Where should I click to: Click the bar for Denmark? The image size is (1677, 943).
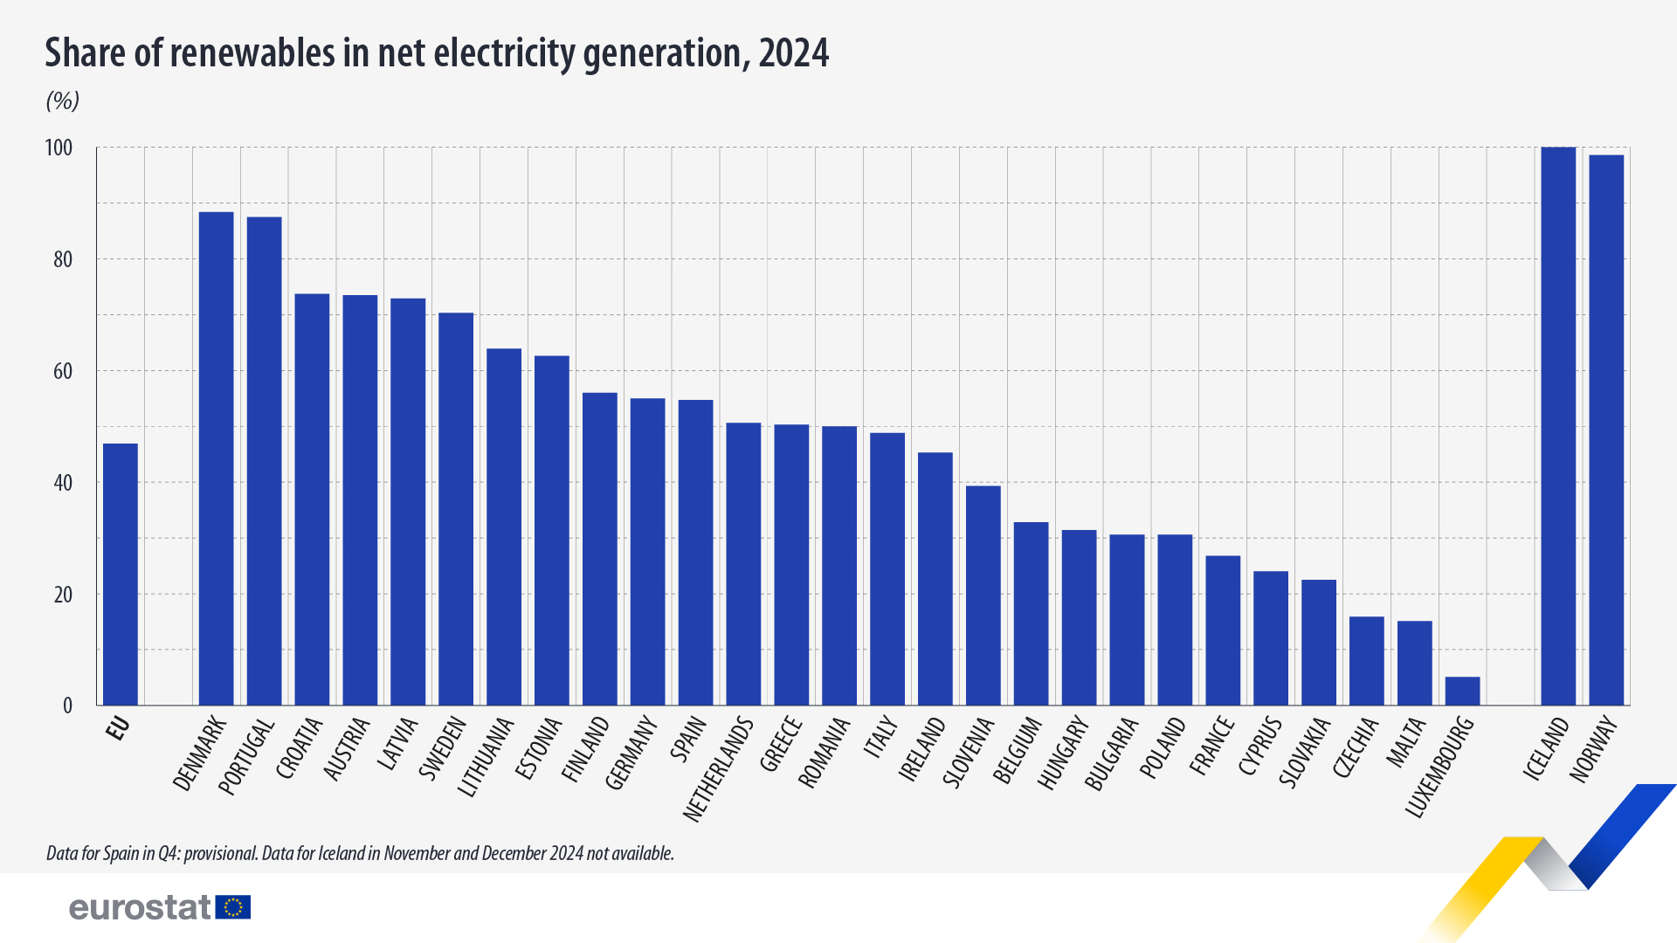(216, 458)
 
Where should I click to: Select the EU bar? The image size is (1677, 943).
(121, 575)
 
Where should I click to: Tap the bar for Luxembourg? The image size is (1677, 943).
(1462, 691)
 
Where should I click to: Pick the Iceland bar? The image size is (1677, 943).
(1558, 426)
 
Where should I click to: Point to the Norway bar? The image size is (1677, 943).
(1606, 430)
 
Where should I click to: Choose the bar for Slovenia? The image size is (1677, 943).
(983, 595)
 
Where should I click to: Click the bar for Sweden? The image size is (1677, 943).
(456, 509)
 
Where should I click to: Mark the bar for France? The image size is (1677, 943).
(1223, 630)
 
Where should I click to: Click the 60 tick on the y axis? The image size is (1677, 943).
(63, 371)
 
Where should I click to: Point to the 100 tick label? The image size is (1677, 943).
(59, 148)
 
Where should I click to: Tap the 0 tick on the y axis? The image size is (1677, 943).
(67, 706)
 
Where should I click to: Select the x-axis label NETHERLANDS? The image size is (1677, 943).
(718, 768)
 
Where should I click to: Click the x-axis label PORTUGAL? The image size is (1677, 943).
(246, 756)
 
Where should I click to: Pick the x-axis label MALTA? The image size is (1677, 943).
(1406, 742)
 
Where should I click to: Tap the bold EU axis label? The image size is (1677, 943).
(118, 728)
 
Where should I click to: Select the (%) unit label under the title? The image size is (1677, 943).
(63, 101)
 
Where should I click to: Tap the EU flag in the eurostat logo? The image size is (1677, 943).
(233, 907)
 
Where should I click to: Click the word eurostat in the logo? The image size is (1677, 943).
(140, 907)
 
